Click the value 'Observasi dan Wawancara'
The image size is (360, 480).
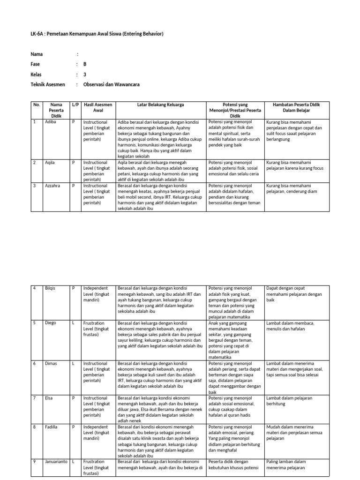[x=111, y=84]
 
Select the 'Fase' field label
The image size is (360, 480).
[x=35, y=64]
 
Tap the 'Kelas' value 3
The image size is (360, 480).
[x=84, y=75]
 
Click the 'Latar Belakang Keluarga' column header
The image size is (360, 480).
[x=160, y=105]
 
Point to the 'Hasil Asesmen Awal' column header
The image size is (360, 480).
[x=97, y=107]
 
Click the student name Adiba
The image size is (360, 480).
[x=51, y=122]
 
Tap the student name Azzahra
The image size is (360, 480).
[x=52, y=186]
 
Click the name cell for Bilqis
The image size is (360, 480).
[x=51, y=288]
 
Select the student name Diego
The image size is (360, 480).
[x=51, y=322]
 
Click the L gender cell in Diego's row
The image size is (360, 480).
[x=74, y=322]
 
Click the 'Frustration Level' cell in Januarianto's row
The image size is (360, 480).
[x=97, y=467]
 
